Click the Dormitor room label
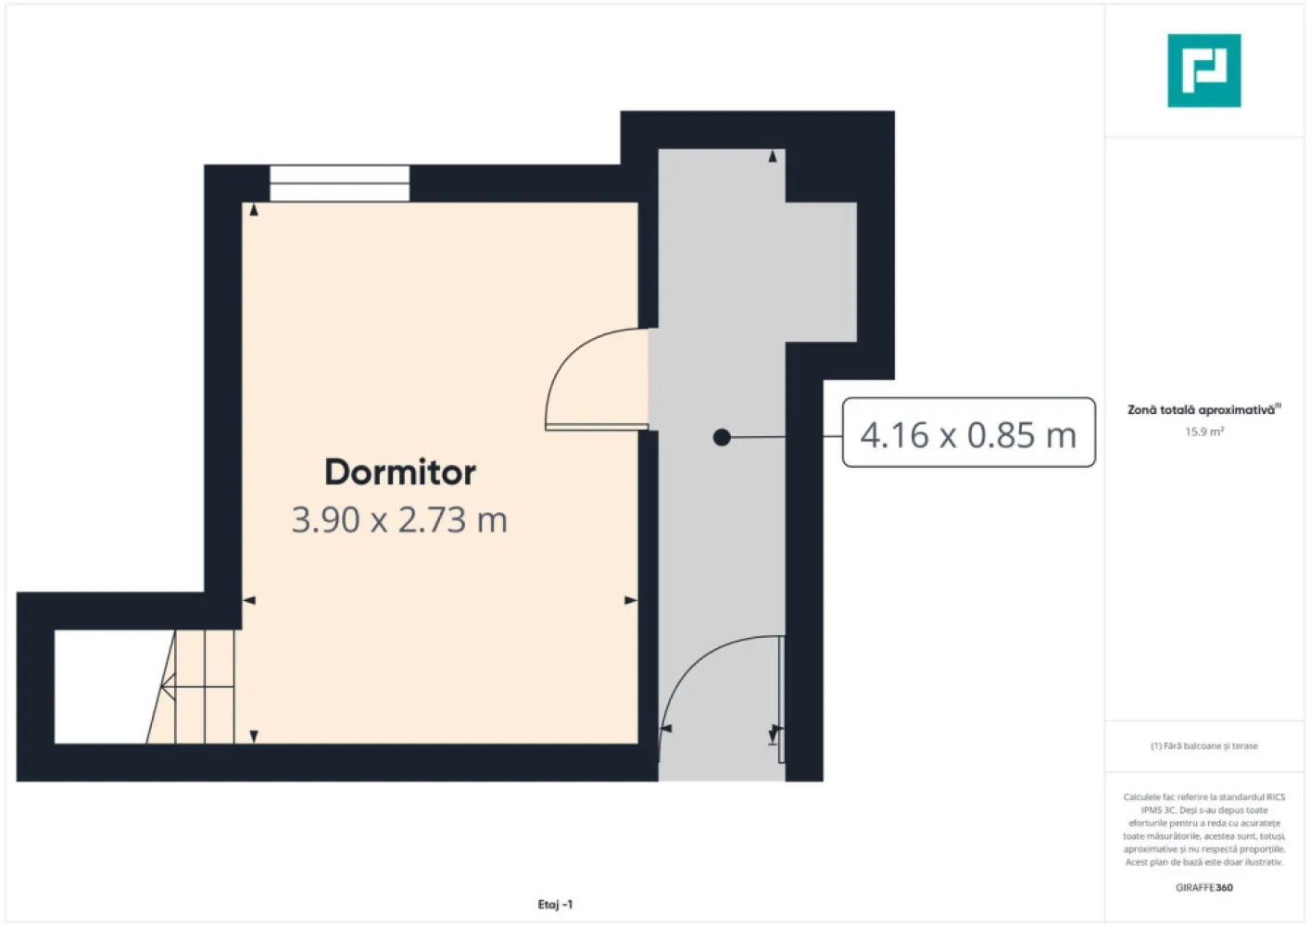(400, 472)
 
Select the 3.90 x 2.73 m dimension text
(399, 520)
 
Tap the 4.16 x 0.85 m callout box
(968, 433)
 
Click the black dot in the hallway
(722, 437)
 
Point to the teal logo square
(1203, 70)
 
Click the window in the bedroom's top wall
(339, 183)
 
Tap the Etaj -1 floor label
(555, 905)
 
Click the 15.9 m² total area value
(1203, 432)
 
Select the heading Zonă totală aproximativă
(1201, 409)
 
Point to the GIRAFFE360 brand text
(1203, 887)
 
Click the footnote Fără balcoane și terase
(1203, 745)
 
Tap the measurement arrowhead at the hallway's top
(773, 156)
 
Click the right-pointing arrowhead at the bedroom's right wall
(631, 601)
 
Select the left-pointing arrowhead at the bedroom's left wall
(248, 601)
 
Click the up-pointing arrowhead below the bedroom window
(254, 210)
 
